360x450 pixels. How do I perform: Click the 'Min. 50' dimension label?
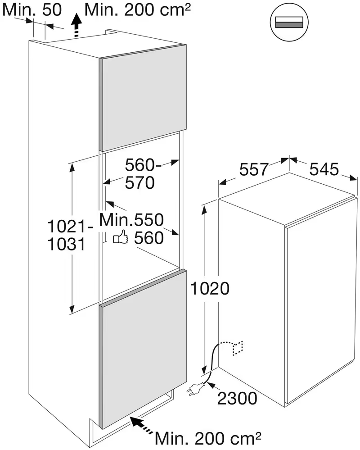coord(32,9)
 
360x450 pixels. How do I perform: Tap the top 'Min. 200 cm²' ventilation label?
coord(138,9)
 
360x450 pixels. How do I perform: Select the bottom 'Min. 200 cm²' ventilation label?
coord(208,438)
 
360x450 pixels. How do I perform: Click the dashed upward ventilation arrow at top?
coord(76,25)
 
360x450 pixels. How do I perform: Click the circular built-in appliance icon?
coord(289,22)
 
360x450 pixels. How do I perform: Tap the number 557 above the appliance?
coord(254,169)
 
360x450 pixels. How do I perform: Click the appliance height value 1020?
coord(210,288)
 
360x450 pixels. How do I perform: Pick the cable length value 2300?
coord(237,398)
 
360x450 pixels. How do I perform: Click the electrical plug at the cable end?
coord(195,388)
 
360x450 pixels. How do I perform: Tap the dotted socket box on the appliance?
coord(238,348)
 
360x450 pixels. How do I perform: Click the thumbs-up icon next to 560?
coord(121,237)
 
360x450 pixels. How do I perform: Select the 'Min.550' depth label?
coord(131,220)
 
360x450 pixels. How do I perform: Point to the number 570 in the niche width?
coord(139,182)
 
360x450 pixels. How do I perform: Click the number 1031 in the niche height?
coord(67,244)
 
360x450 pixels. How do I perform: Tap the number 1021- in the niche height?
coord(70,226)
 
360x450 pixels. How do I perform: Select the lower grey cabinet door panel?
coord(143,349)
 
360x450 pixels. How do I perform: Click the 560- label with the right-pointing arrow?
coord(143,165)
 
